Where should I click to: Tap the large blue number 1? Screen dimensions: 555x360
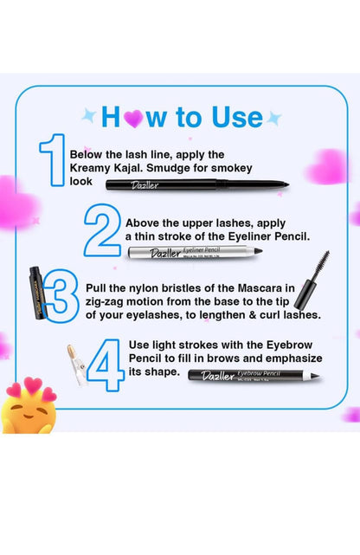point(52,162)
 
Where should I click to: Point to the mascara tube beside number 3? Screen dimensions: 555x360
point(37,294)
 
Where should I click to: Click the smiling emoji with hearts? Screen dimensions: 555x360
point(28,406)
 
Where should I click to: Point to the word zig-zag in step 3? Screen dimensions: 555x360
point(106,301)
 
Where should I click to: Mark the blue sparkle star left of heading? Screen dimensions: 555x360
point(87,115)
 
